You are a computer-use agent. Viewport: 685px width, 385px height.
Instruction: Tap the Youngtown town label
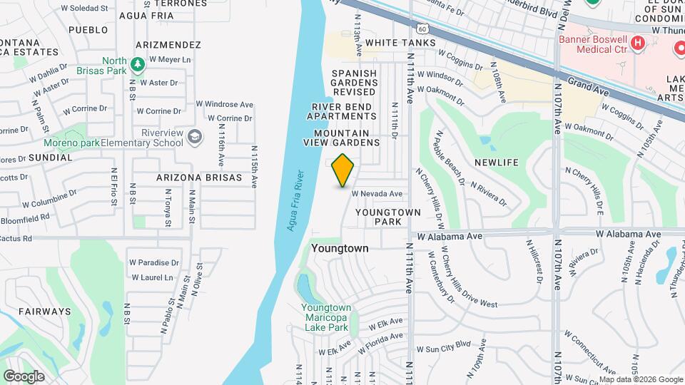340,248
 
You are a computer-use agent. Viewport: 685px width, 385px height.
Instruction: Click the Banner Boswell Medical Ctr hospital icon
639,43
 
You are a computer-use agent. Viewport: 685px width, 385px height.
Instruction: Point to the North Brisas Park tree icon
137,66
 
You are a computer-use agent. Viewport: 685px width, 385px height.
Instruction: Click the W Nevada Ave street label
377,194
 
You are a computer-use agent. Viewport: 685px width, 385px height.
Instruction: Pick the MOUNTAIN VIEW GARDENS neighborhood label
346,138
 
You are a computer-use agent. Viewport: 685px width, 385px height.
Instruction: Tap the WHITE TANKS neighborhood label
400,43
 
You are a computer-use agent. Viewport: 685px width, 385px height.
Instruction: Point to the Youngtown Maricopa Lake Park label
324,318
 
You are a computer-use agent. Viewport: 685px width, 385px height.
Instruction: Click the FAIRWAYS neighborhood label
44,311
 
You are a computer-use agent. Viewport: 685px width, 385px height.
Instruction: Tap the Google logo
24,376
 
